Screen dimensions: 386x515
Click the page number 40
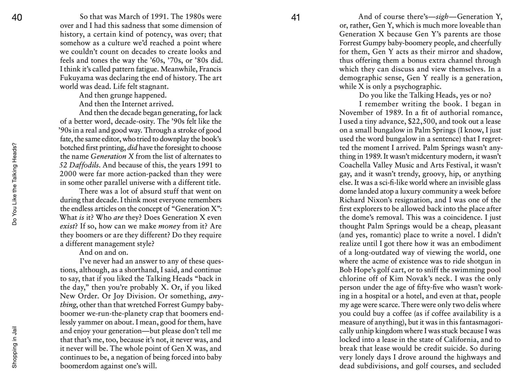[x=17, y=17]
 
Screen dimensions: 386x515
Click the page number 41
[x=296, y=17]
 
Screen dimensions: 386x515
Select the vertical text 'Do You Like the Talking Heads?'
[x=14, y=184]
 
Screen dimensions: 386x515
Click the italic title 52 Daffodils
[x=79, y=165]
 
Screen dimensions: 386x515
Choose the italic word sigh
[x=442, y=17]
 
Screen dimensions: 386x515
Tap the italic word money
[x=169, y=226]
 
